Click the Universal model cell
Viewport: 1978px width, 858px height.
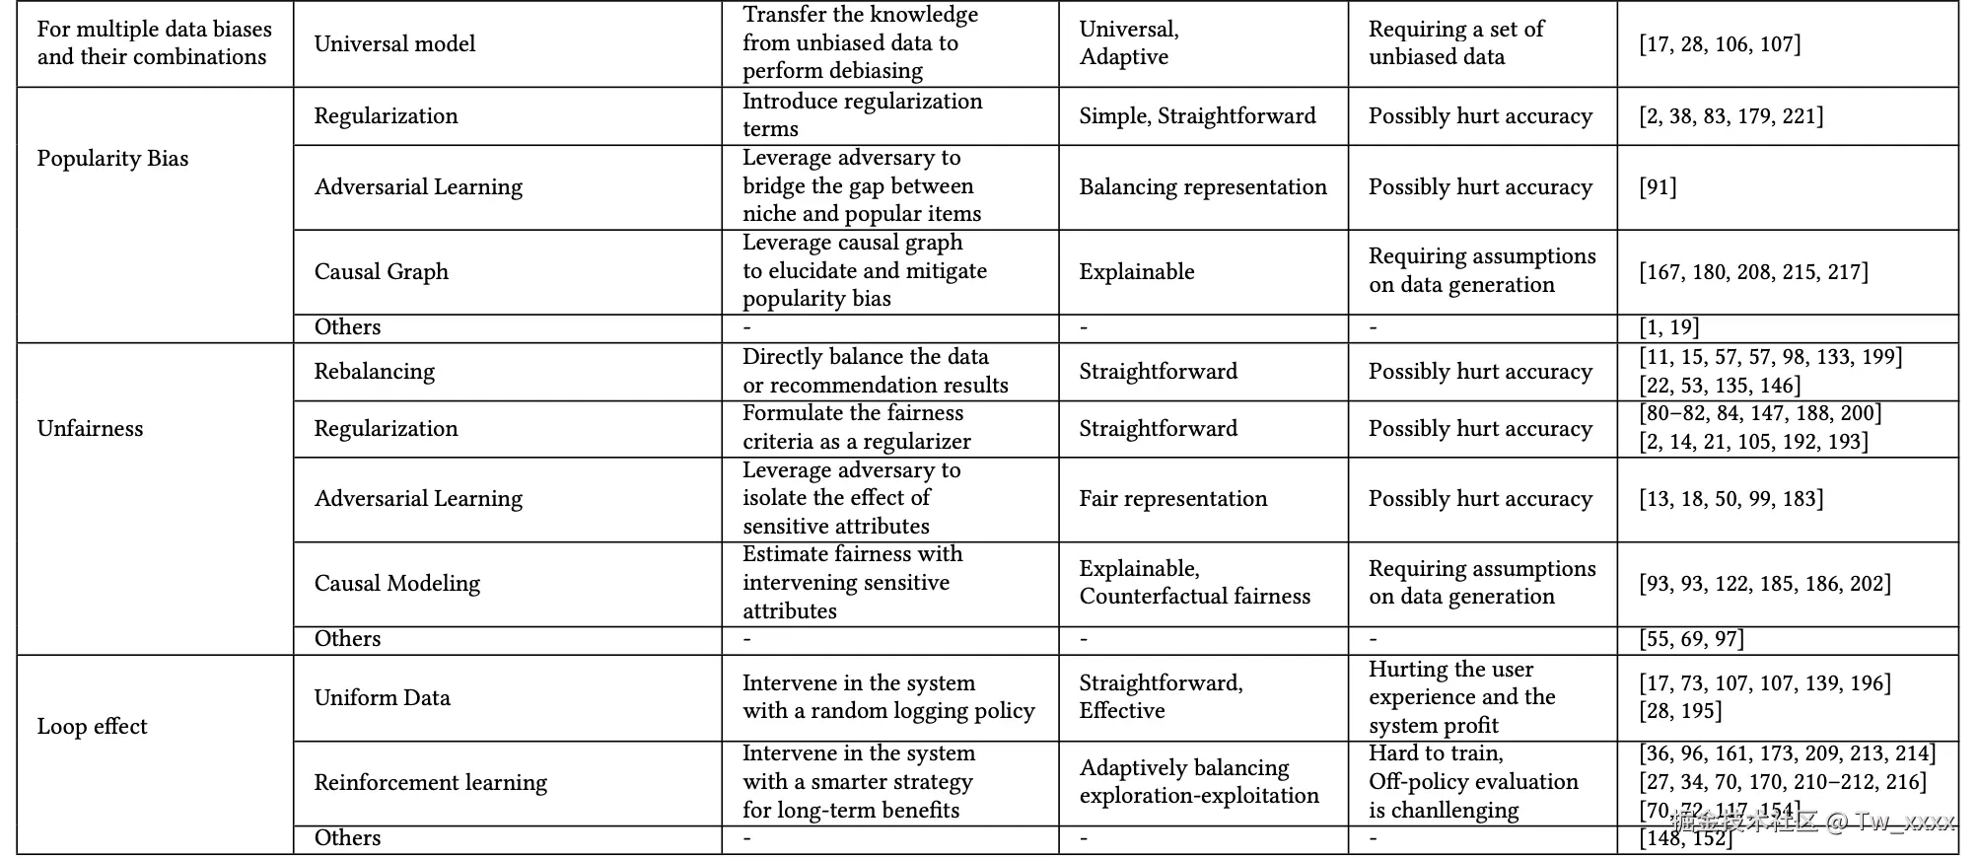coord(394,44)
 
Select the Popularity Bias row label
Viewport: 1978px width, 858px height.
coord(112,159)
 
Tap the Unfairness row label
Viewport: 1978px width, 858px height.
coord(90,428)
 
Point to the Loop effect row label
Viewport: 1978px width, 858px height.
coord(92,727)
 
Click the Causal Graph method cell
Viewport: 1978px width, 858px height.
coord(381,272)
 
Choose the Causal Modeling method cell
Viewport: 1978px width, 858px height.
coord(396,584)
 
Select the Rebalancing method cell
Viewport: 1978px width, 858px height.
coord(374,372)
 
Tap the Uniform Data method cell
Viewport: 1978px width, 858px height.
coord(382,698)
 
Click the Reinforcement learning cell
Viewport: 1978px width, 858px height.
coord(430,783)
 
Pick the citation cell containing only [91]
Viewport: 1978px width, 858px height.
coord(1658,187)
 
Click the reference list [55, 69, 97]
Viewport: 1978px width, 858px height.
coord(1691,639)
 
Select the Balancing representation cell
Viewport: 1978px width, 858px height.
coord(1202,187)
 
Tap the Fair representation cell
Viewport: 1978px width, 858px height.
coord(1172,499)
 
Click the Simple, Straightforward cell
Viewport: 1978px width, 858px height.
coord(1197,116)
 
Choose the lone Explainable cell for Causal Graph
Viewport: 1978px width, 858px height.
coord(1136,272)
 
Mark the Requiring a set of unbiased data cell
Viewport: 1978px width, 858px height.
coord(1455,43)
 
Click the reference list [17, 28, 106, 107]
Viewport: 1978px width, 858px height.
coord(1719,44)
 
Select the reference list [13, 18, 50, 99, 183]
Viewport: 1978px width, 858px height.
coord(1731,499)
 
